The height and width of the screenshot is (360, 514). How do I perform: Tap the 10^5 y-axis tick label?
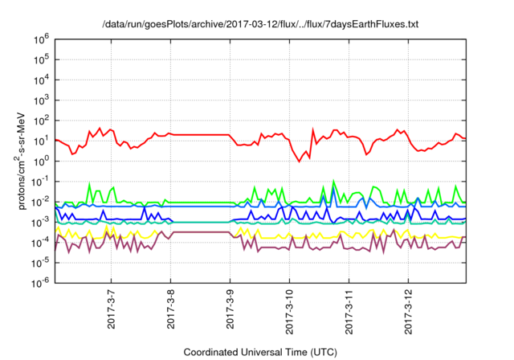point(40,59)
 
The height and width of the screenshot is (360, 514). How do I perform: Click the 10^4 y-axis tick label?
point(40,80)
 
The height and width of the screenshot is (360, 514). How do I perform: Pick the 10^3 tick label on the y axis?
point(40,100)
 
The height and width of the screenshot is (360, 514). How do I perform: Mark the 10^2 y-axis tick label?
point(40,120)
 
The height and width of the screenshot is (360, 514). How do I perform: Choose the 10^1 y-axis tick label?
point(40,140)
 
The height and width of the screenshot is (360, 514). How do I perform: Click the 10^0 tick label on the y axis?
point(40,161)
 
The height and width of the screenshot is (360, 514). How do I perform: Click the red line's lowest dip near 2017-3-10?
point(300,161)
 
